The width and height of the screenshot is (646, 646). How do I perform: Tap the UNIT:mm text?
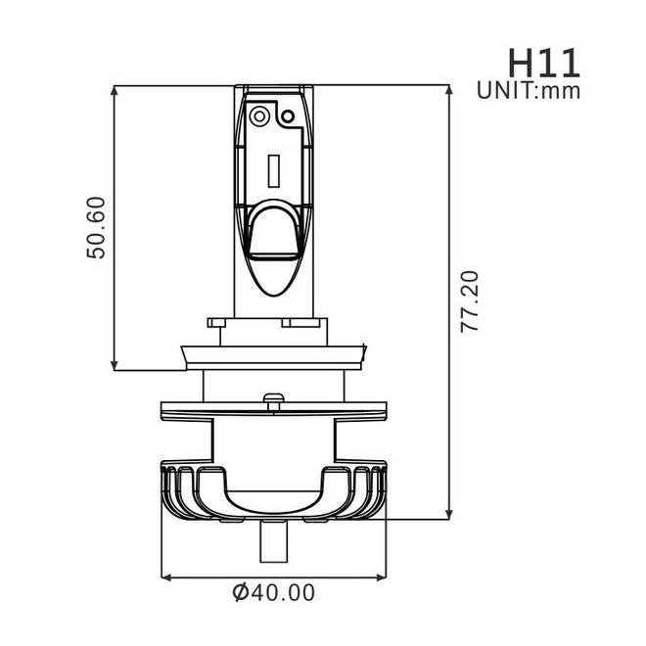(x=530, y=92)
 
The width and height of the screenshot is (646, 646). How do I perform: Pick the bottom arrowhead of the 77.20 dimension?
(x=450, y=518)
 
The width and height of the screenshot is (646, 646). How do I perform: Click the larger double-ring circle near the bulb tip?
(x=260, y=115)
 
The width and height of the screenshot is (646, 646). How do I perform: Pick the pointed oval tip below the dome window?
(x=275, y=278)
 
